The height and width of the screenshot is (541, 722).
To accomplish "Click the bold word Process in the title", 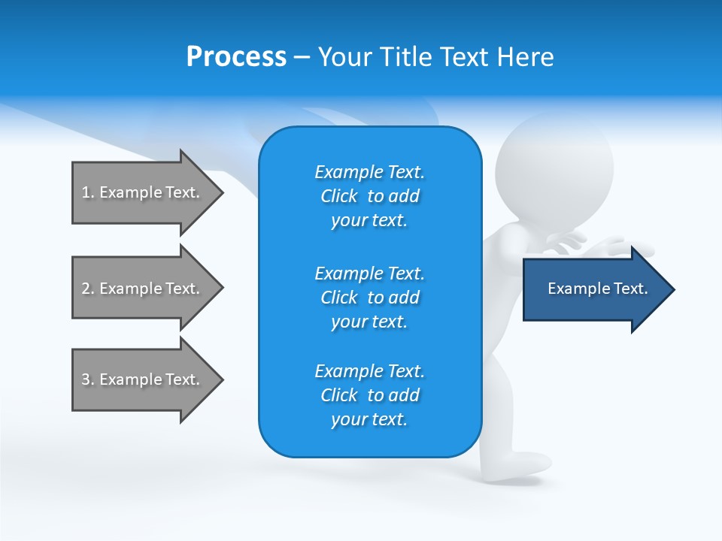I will click(x=236, y=57).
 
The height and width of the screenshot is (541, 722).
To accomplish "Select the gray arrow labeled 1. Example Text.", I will click(x=143, y=192).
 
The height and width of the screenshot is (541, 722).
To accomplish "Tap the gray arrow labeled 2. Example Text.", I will click(x=143, y=289).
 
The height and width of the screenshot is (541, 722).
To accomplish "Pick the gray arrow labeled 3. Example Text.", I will click(x=143, y=379).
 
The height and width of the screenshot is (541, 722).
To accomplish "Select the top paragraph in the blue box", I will click(x=369, y=196).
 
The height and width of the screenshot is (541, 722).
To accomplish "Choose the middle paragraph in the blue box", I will click(x=369, y=298).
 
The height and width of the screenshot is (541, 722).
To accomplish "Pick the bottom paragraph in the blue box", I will click(x=369, y=395).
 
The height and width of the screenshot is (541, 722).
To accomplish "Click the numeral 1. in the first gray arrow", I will click(x=87, y=192).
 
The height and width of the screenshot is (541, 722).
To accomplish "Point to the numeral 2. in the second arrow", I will click(x=87, y=289).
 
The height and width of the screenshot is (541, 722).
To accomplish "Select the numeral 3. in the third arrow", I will click(x=87, y=379).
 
